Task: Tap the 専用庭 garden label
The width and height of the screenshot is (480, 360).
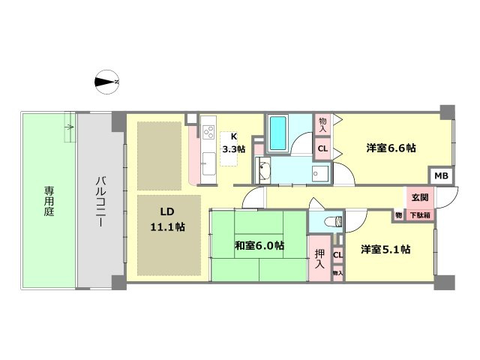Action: (x=48, y=200)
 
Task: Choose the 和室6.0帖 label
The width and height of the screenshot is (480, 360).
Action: (x=259, y=244)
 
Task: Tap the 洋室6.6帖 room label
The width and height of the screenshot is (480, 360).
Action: (x=391, y=148)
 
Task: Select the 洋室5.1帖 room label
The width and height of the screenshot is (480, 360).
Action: (x=385, y=250)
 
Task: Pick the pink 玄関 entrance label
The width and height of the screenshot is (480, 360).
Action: (x=419, y=198)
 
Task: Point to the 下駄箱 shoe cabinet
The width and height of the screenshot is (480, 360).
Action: (x=419, y=215)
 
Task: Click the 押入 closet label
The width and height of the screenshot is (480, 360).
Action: (x=319, y=259)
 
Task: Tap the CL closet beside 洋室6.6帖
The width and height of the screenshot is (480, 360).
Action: (x=322, y=148)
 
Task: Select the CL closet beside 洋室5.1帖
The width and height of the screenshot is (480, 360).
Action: (x=337, y=255)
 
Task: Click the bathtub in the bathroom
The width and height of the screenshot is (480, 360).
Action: (x=278, y=133)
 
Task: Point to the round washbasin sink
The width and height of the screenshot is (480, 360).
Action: (x=264, y=169)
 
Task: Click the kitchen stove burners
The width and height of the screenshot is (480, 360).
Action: (x=208, y=130)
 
